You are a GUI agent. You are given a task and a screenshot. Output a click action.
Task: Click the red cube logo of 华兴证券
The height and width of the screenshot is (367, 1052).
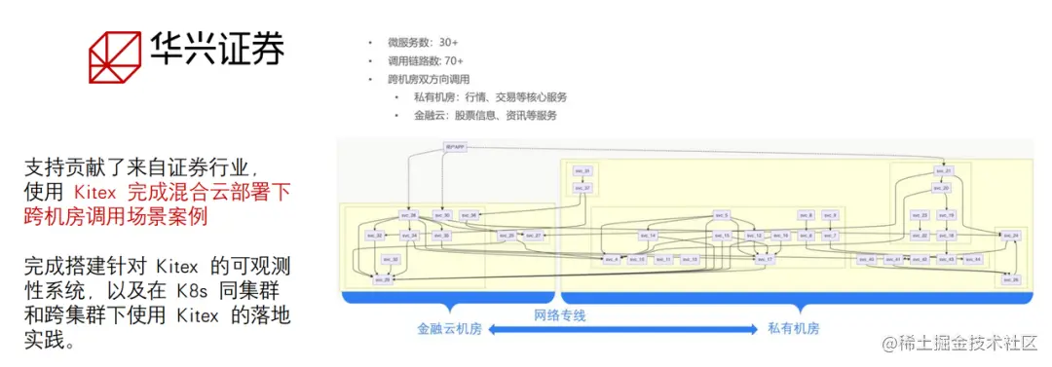[x=114, y=55]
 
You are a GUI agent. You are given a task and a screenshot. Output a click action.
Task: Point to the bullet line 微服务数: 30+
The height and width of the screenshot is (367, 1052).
[x=422, y=43]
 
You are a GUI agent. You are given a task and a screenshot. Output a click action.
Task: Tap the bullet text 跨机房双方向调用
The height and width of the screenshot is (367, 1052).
[x=428, y=79]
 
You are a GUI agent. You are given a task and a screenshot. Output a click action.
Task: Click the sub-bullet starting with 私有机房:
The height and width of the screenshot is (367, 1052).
[x=489, y=97]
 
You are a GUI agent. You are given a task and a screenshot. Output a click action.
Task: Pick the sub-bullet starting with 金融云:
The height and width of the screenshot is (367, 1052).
[x=484, y=115]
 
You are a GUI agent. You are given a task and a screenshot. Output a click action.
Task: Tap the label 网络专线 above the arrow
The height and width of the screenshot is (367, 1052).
[x=560, y=315]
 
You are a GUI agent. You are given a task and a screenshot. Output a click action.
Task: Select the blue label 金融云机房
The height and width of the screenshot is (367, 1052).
[x=449, y=329]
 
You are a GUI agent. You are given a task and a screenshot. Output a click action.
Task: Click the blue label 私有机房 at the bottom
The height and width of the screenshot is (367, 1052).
[x=792, y=329]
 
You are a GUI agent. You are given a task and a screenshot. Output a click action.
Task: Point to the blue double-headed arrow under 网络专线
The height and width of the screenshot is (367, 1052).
[x=623, y=330]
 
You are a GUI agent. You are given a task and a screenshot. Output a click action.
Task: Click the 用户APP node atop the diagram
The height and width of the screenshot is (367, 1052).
[x=455, y=147]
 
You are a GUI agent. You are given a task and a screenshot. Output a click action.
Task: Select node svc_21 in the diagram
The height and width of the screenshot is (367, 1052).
[x=942, y=171]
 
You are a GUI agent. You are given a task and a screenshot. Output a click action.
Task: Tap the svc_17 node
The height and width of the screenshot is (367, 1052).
[x=768, y=260]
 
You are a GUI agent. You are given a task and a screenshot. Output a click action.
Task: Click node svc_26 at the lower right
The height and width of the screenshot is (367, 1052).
[x=1010, y=279]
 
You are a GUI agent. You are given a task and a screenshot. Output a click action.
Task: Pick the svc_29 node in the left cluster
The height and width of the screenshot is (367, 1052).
[x=384, y=279]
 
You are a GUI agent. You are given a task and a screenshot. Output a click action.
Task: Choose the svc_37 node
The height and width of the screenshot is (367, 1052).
[x=582, y=188]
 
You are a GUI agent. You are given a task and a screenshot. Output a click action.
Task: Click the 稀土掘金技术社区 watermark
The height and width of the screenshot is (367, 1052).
[x=964, y=343]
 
